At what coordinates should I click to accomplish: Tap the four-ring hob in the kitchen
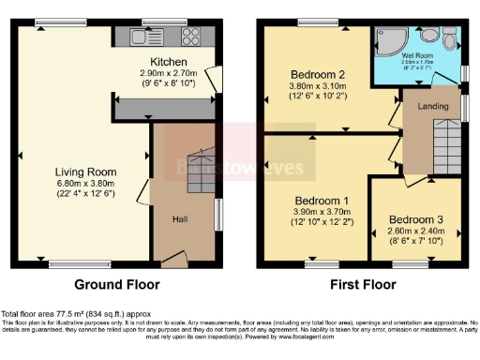point(190,37)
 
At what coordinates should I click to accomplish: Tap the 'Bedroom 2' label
point(318,73)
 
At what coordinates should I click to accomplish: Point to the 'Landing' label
point(431,106)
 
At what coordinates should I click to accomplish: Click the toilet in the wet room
point(451,43)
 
